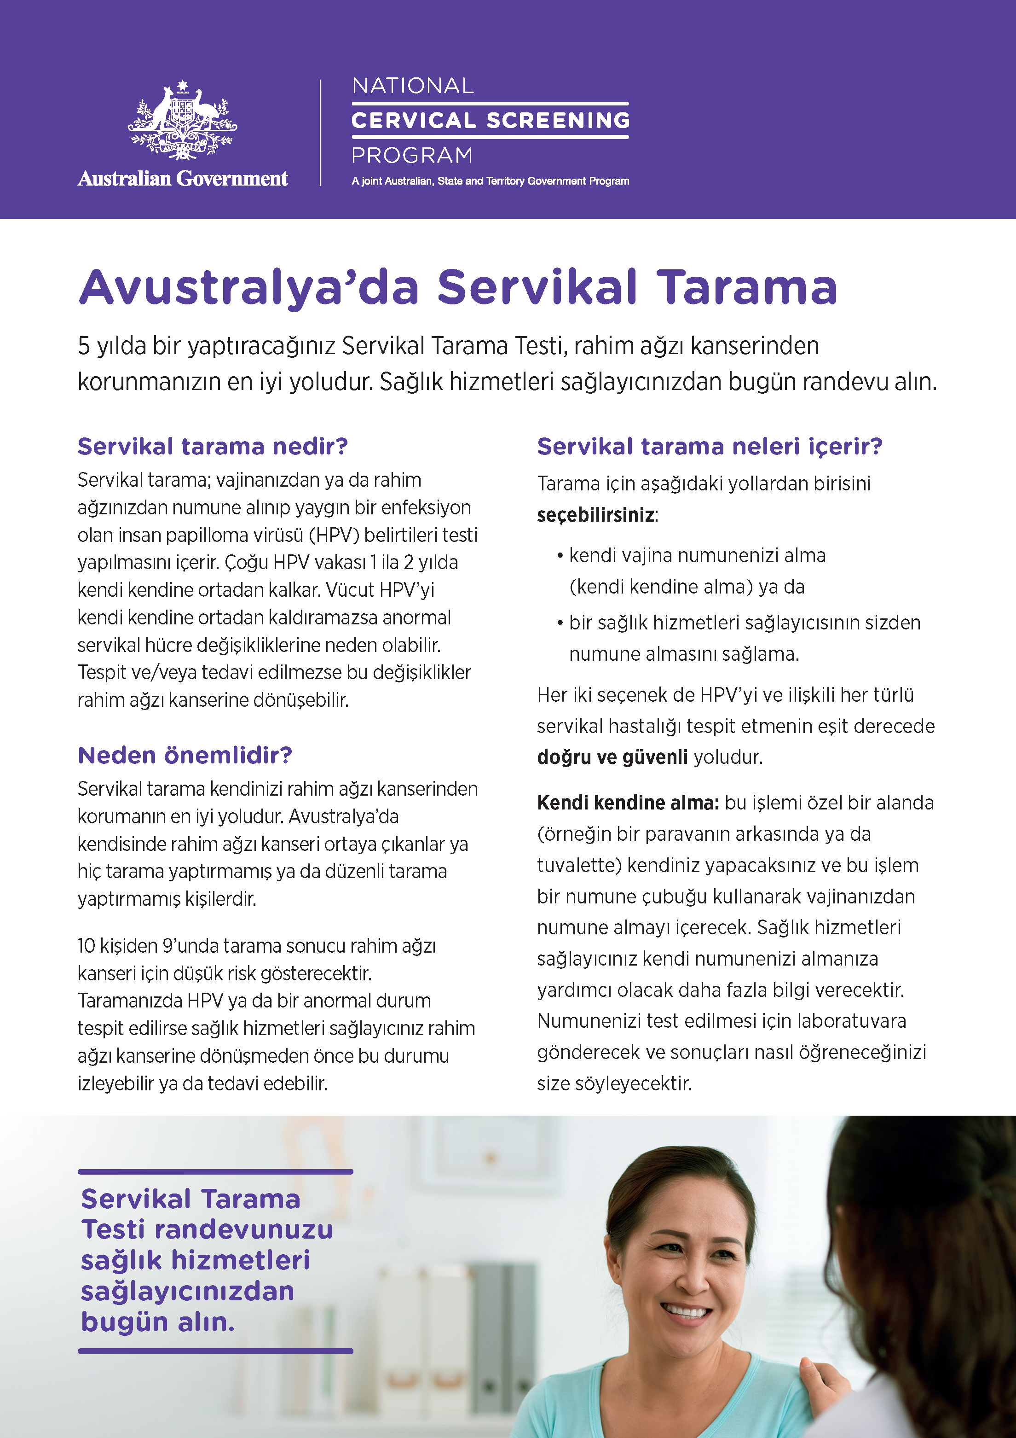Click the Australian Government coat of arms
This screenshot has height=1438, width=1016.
(x=182, y=120)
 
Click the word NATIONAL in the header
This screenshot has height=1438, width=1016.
(x=413, y=86)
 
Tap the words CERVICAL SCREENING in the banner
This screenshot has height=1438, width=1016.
(x=490, y=120)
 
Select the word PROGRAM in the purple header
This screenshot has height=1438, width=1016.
(x=412, y=155)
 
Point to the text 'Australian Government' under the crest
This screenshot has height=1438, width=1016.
(x=183, y=179)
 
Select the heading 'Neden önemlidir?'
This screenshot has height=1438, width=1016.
(x=185, y=755)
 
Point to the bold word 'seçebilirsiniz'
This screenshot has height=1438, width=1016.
(x=595, y=515)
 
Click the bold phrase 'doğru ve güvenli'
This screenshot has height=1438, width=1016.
(x=612, y=757)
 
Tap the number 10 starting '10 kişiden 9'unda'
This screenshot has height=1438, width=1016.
(x=87, y=946)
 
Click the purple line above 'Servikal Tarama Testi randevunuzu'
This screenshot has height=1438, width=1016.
(x=215, y=1171)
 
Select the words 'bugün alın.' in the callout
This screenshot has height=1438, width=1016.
(x=158, y=1322)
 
